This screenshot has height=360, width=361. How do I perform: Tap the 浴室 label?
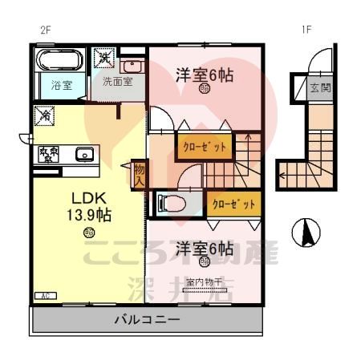pos(63,85)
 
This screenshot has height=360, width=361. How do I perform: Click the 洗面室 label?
pos(116,82)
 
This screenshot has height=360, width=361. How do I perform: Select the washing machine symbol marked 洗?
pos(105,59)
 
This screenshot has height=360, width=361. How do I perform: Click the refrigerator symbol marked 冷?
pos(45,116)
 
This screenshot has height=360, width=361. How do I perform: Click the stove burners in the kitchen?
pos(47,154)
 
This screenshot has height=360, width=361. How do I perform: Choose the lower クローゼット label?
pos(234,204)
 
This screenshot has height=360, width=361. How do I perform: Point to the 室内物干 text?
pos(205,281)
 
